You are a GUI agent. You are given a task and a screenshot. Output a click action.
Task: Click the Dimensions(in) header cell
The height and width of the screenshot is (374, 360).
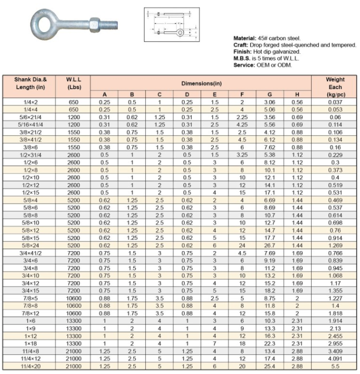click(201, 84)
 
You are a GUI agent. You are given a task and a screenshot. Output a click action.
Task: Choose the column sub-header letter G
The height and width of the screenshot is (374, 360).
click(269, 95)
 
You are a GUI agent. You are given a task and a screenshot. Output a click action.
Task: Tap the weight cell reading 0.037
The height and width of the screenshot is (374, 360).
click(335, 102)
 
